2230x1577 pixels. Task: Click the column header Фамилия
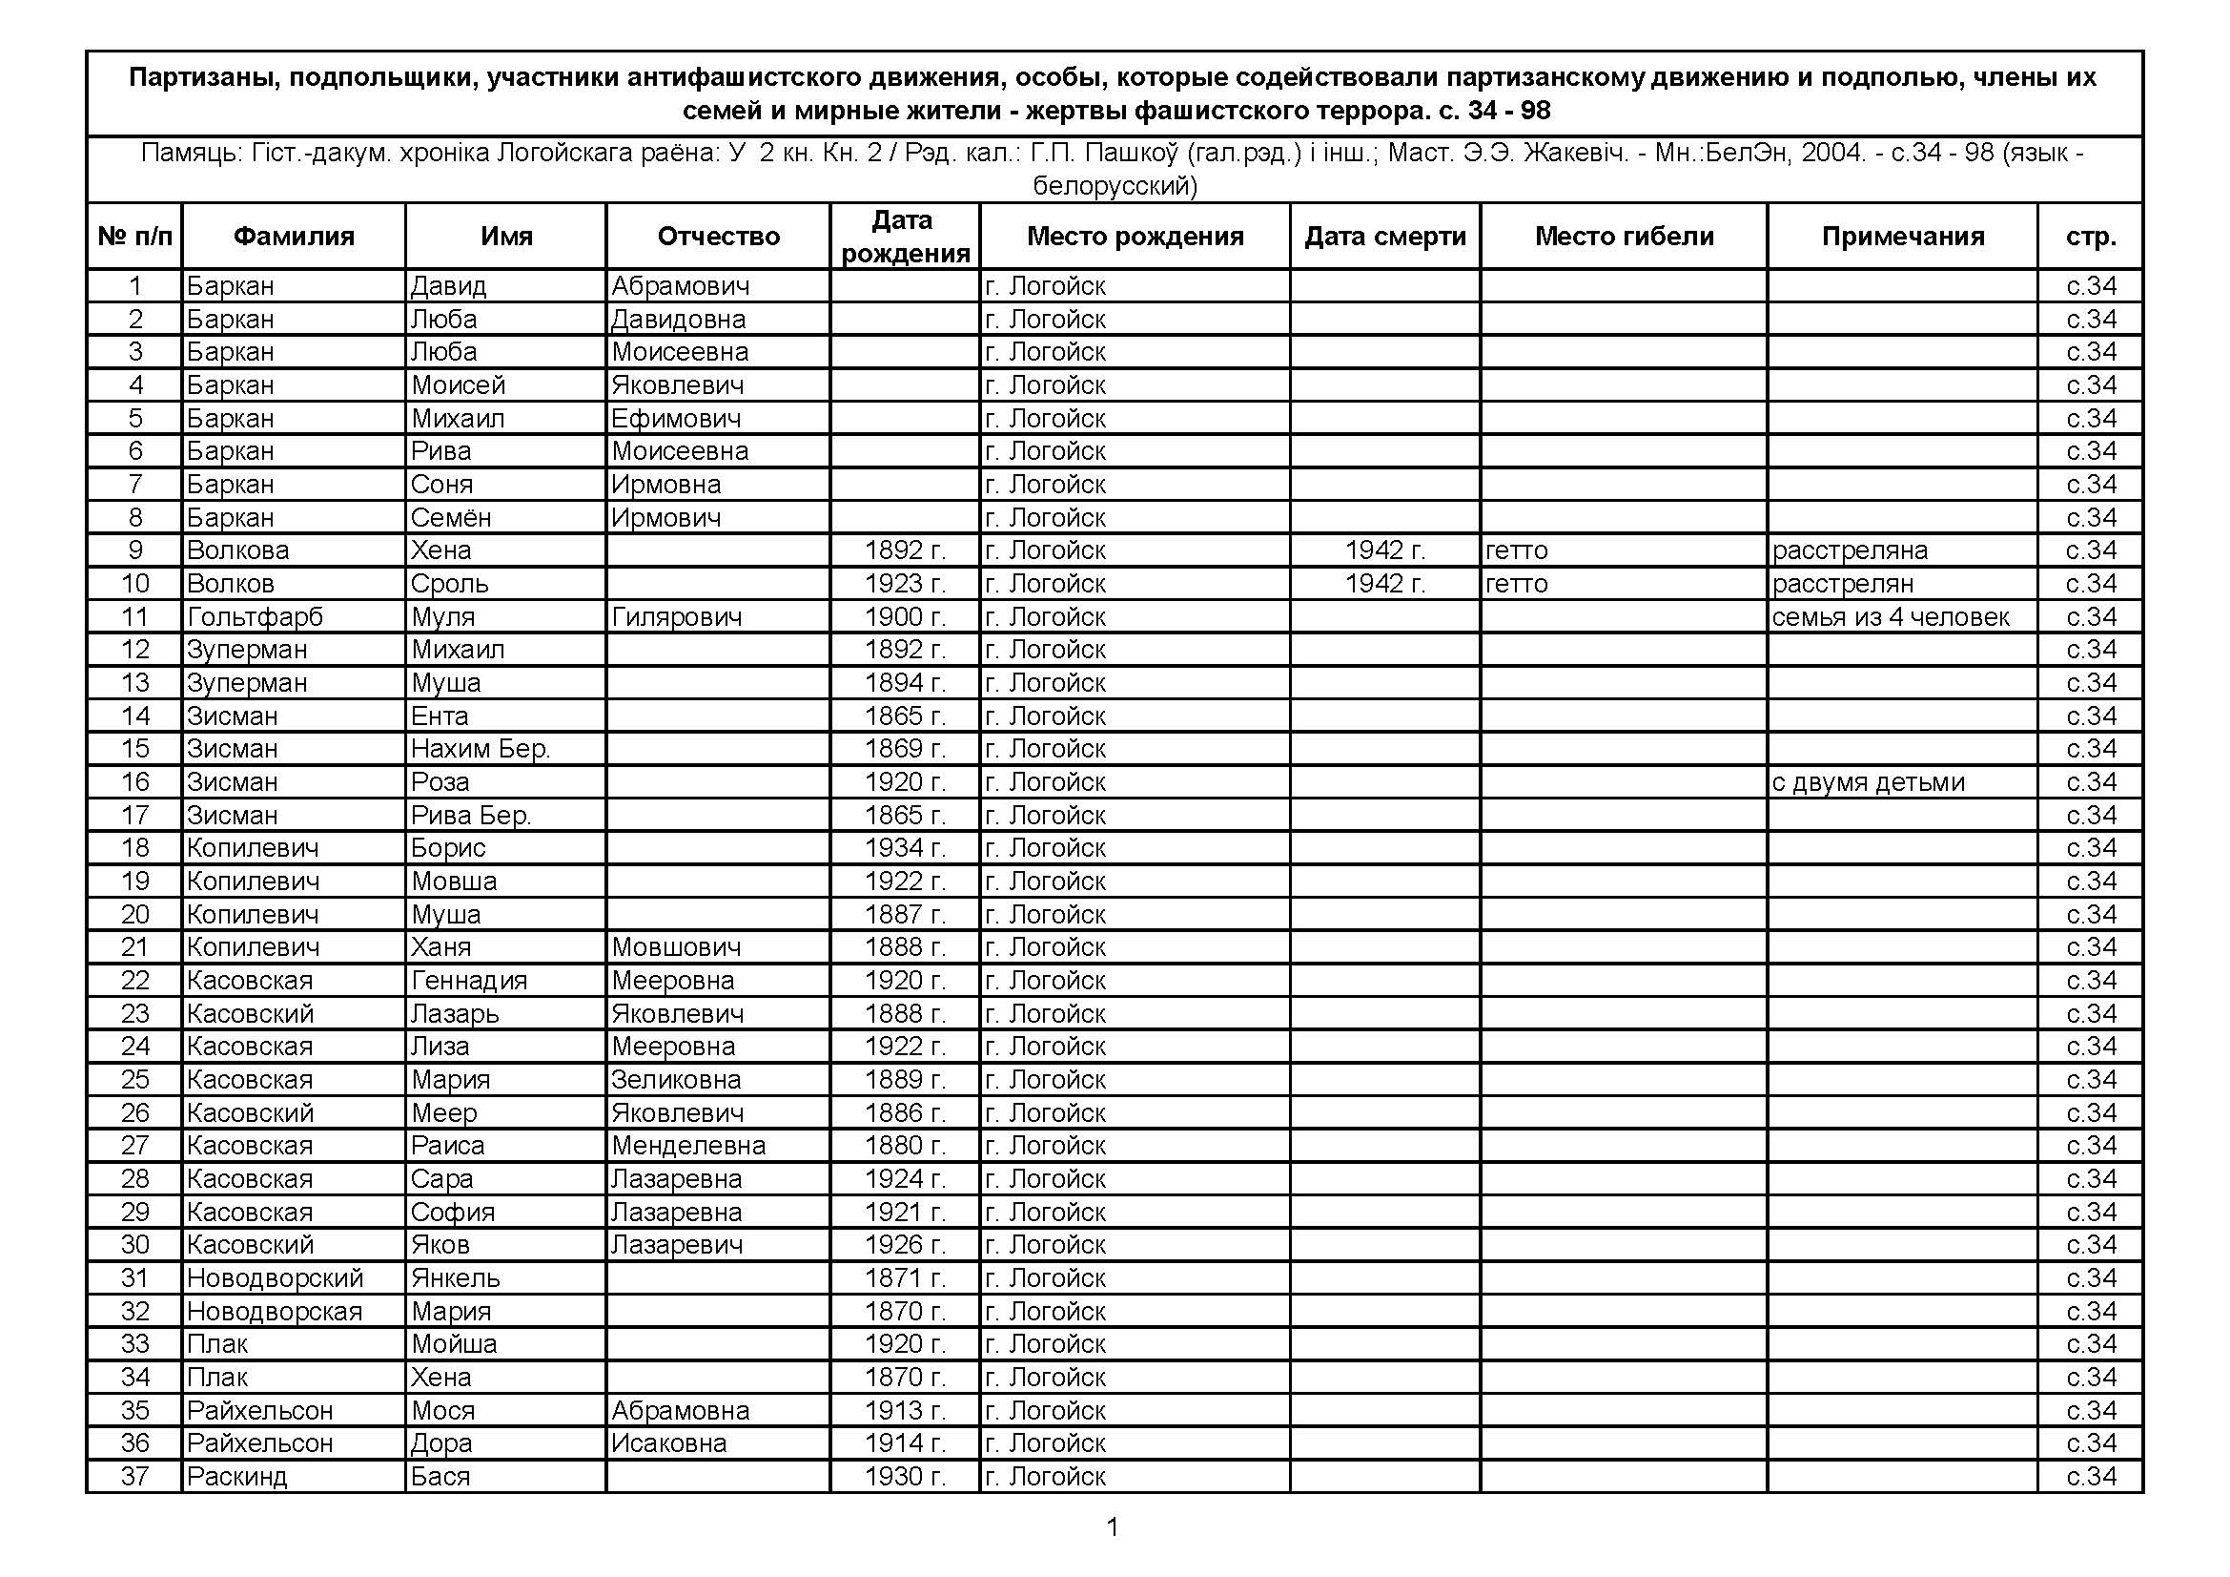[294, 236]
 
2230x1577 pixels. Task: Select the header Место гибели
[1624, 236]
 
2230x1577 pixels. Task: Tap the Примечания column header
[1902, 236]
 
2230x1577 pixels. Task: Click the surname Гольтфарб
[255, 617]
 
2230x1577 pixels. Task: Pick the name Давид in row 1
[448, 285]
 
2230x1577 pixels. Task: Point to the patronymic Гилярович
[676, 617]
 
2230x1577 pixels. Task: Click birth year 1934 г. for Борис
[904, 848]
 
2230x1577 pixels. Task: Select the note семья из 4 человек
[1889, 617]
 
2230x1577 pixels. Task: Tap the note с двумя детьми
[1867, 782]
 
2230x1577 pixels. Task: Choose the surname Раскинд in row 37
[236, 1477]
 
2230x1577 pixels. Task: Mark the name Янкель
[455, 1278]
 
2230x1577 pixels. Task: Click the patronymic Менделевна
[687, 1146]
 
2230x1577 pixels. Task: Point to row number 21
[135, 947]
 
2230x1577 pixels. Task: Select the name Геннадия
[468, 981]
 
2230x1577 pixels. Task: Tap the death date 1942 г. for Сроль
[1384, 584]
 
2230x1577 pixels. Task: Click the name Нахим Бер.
[480, 749]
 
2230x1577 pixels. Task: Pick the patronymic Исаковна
[668, 1443]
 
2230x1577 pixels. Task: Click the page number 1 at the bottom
[1113, 1527]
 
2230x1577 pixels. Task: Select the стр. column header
[2090, 236]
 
